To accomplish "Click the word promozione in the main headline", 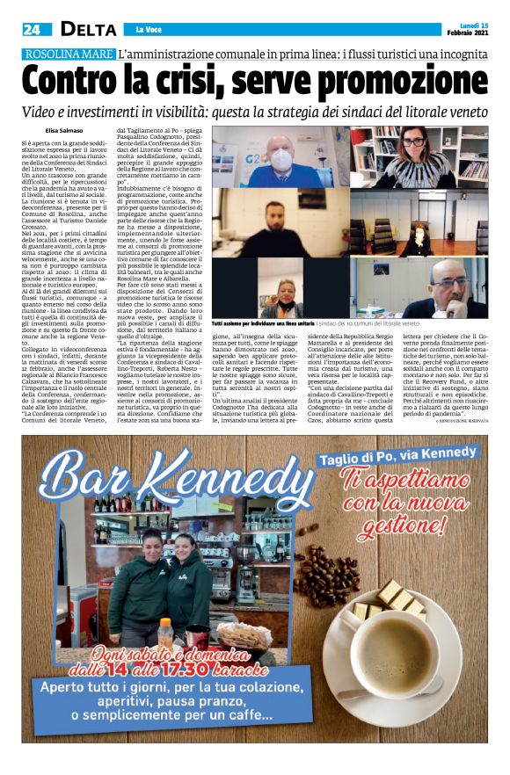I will coord(398,83).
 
